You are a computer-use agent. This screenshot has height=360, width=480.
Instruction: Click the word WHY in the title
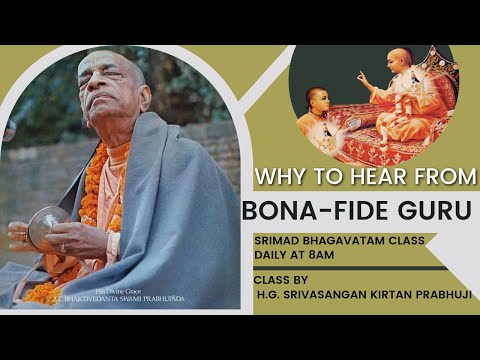277,177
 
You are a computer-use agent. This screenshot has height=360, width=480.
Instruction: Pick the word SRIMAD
277,241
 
